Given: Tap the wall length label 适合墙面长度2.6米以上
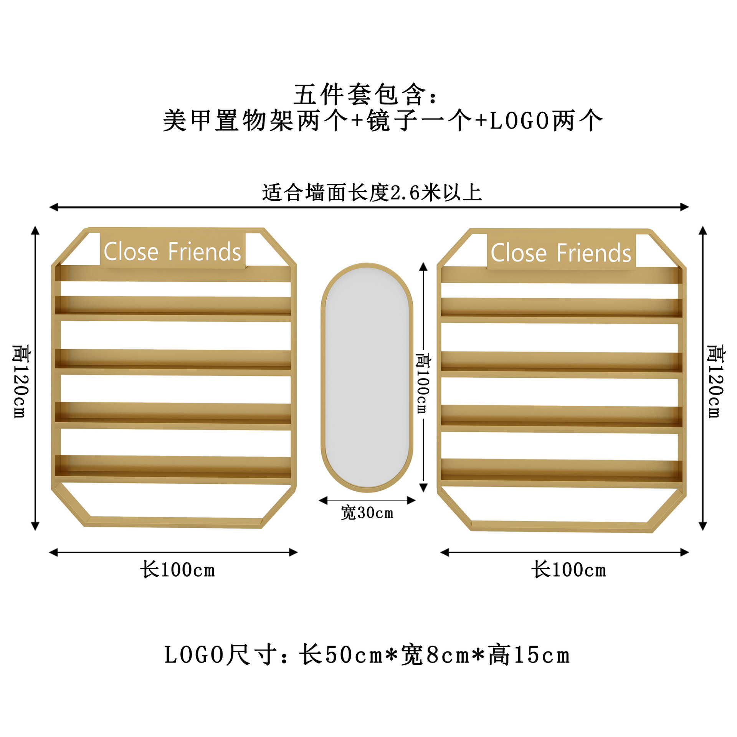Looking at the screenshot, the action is (372, 192).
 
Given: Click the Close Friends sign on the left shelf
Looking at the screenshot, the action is (172, 252).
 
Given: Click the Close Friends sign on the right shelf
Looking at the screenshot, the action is (561, 253).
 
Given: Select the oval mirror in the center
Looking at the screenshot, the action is (367, 377).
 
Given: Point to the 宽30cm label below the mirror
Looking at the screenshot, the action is (367, 513).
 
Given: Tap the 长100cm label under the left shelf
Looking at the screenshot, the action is (177, 570).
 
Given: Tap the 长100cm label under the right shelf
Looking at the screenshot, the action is (568, 570).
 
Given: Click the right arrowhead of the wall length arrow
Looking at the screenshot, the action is (684, 207).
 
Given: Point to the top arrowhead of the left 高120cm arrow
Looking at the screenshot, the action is (35, 230).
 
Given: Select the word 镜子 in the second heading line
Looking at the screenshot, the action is (392, 121).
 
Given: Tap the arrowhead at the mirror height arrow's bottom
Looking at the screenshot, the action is (423, 487).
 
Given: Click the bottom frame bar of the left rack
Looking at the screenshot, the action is (173, 522).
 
